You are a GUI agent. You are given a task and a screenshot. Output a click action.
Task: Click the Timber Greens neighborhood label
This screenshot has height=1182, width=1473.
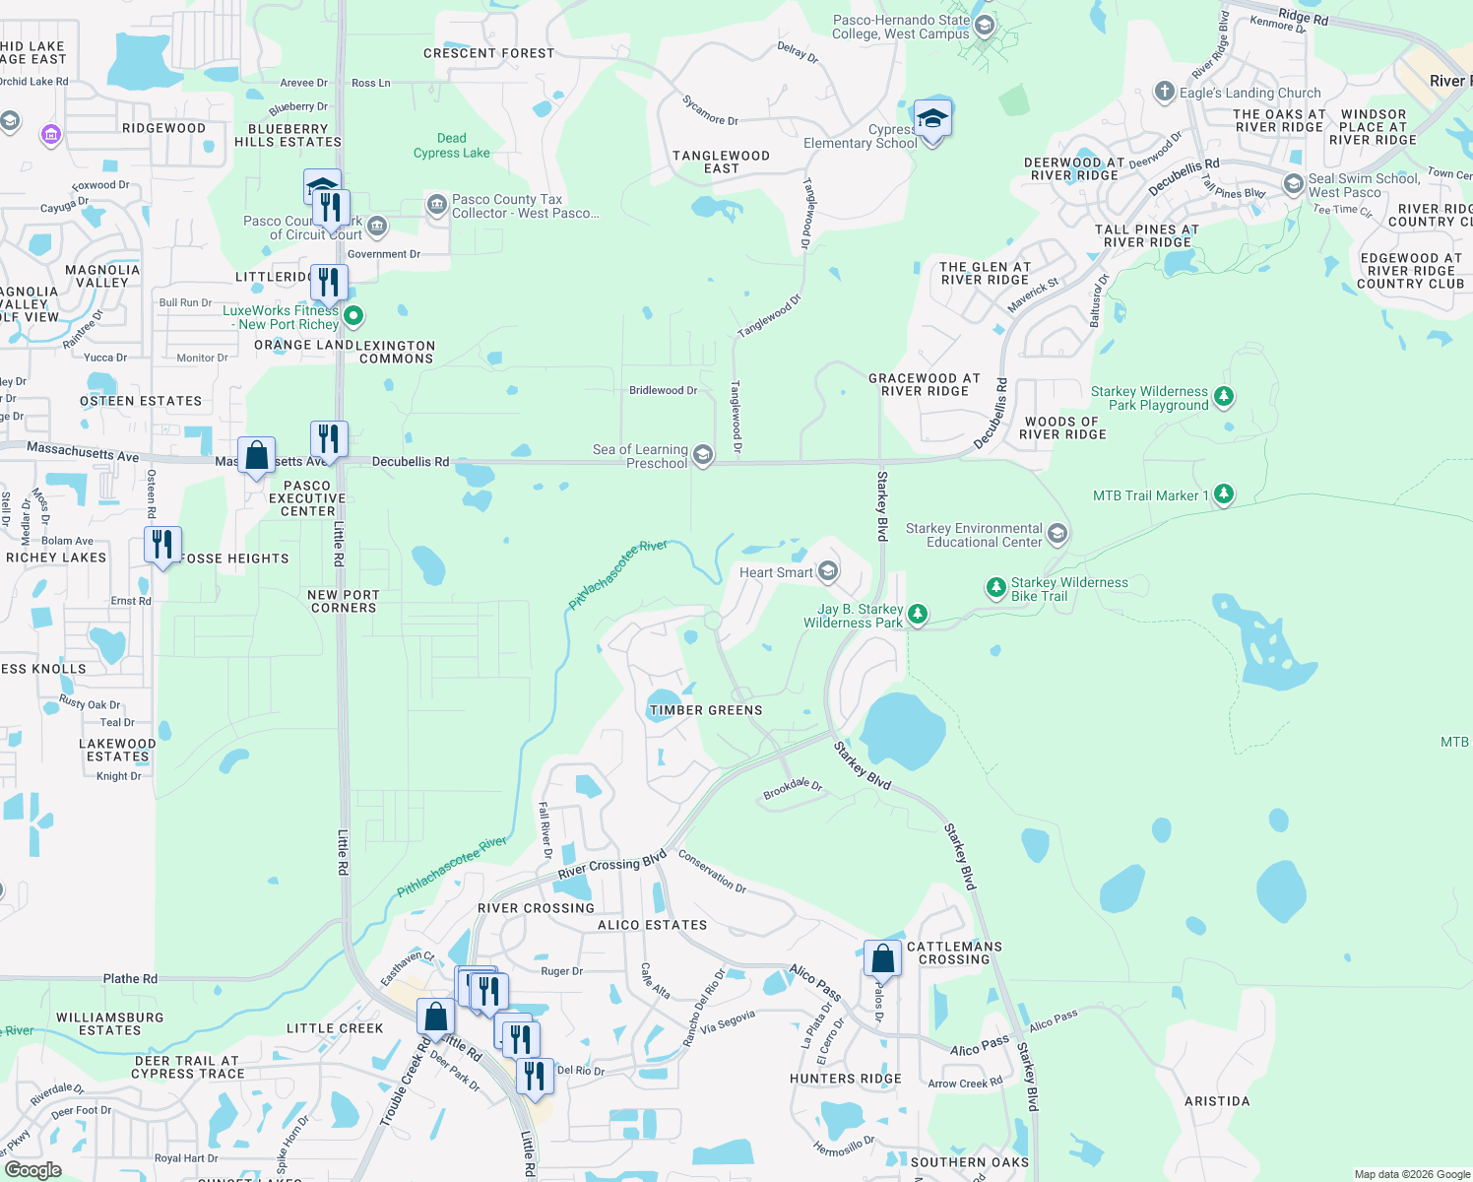click(705, 710)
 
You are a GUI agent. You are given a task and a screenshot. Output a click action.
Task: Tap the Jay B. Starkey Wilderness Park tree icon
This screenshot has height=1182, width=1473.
click(918, 615)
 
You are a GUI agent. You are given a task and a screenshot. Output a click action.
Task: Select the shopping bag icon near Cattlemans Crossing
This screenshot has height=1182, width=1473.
click(882, 958)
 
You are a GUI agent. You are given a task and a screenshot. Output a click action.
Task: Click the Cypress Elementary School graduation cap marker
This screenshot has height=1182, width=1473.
click(931, 120)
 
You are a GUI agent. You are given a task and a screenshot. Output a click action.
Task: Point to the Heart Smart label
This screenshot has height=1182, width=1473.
click(776, 572)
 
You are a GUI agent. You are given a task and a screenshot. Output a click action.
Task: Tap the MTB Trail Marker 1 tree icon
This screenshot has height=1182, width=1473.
click(1223, 493)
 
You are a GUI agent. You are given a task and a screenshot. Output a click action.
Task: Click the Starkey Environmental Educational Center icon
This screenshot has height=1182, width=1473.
click(1057, 534)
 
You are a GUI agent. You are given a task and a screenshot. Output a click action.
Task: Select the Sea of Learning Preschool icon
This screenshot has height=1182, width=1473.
click(703, 454)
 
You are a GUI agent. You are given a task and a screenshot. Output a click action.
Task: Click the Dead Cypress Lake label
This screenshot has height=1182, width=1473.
click(451, 146)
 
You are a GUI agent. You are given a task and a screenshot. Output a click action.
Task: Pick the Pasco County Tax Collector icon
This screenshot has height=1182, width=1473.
click(436, 204)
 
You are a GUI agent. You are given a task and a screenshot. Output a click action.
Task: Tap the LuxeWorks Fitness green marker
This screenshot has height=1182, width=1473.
click(353, 316)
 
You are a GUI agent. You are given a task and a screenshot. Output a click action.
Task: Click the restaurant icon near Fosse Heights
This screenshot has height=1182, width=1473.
click(162, 545)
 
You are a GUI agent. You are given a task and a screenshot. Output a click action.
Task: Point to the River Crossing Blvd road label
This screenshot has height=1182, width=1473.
click(611, 866)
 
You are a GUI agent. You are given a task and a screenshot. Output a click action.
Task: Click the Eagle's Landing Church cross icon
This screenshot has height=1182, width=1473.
click(1165, 92)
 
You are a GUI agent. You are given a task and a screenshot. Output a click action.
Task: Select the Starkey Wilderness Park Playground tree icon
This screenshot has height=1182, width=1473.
click(1223, 396)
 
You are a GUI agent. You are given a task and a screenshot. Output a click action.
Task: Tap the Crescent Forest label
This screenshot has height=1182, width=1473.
click(488, 53)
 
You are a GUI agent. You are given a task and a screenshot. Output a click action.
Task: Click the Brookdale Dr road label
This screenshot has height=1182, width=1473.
click(793, 789)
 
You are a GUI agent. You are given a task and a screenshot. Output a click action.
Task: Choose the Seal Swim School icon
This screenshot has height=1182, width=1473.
click(1293, 184)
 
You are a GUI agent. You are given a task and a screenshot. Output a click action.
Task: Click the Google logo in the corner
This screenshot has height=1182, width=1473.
click(32, 1169)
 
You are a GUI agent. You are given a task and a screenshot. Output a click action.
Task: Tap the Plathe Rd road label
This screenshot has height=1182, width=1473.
click(130, 978)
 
